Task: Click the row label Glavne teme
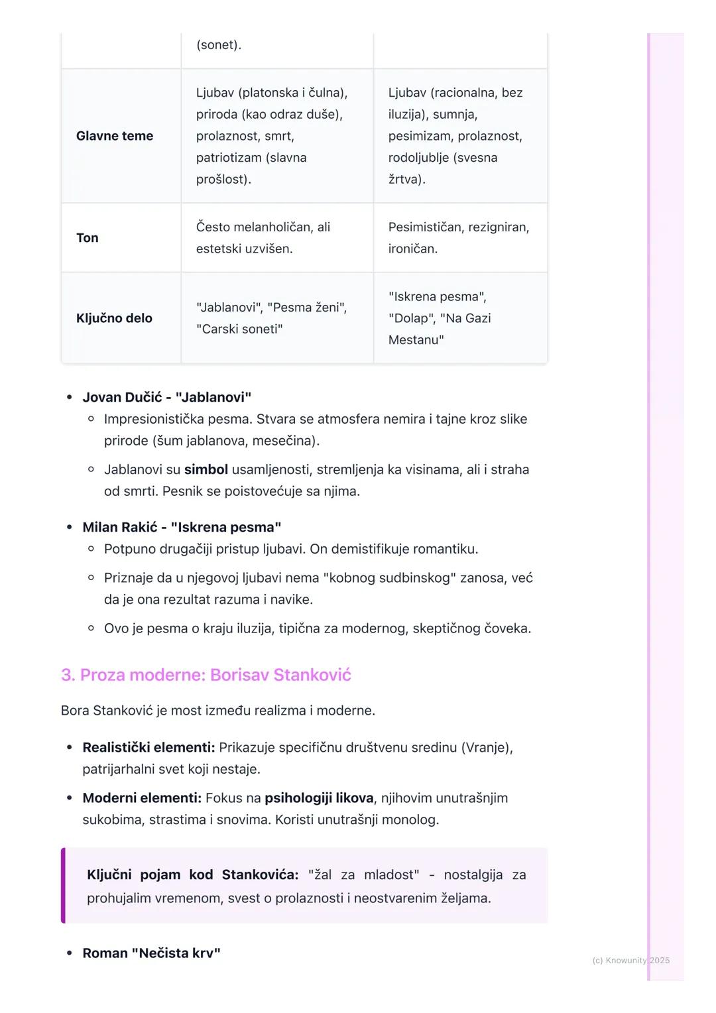point(115,136)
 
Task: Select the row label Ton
point(87,238)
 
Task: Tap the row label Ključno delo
point(114,318)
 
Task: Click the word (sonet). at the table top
point(219,45)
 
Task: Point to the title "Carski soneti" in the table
point(239,329)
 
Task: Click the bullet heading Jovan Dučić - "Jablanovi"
point(166,397)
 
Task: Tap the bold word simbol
point(206,470)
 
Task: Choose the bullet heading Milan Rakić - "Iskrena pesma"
point(182,527)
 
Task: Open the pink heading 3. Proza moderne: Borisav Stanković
point(206,675)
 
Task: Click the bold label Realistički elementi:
point(149,748)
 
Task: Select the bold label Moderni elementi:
point(142,798)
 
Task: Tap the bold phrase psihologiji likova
point(319,798)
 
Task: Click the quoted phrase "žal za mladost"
point(363,875)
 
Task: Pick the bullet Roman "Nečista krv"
point(151,953)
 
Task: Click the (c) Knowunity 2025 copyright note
point(630,961)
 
